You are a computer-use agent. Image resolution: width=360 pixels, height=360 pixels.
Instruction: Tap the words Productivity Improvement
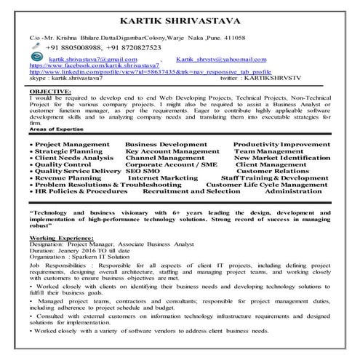(x=281, y=145)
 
